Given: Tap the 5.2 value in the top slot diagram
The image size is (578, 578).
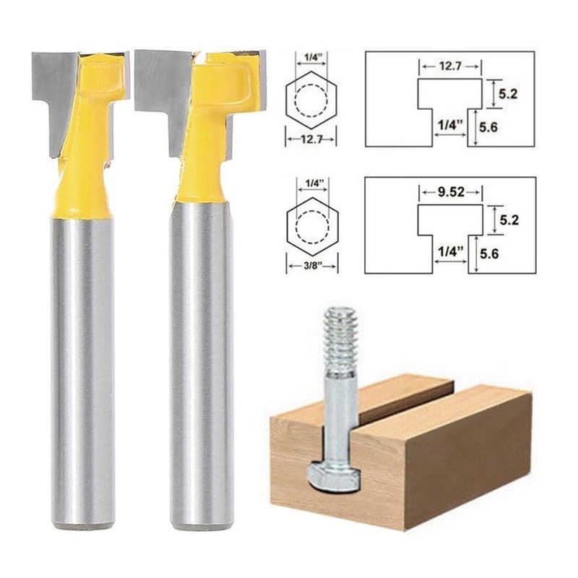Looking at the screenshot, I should click(x=509, y=93).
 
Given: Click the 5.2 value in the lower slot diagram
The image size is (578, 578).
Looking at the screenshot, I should click(x=509, y=218).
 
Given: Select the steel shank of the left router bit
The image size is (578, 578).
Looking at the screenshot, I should click(x=82, y=361).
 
